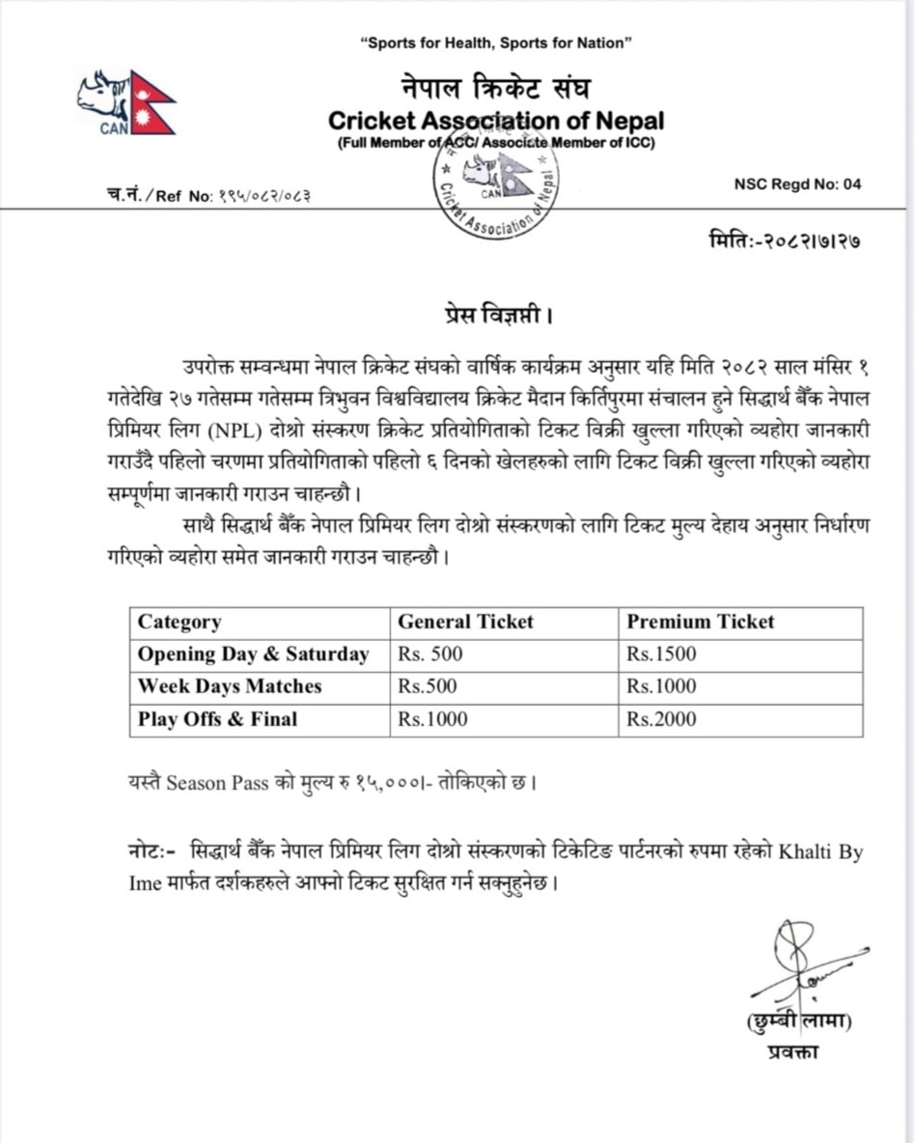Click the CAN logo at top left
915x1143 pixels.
pos(126,102)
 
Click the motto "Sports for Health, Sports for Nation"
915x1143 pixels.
pos(495,42)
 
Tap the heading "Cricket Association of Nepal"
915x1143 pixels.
pos(496,122)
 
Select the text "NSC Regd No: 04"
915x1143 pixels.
pos(797,184)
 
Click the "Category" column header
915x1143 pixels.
pos(180,623)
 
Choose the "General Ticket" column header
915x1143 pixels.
pos(465,623)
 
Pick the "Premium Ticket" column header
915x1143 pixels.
pos(700,623)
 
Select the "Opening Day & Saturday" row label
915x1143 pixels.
pos(253,655)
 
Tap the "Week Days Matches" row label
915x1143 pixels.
pos(230,687)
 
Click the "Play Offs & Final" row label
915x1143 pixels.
pos(217,719)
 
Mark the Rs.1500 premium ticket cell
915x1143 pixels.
pos(661,655)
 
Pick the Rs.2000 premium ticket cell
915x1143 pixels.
pos(661,719)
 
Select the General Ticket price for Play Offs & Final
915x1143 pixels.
pos(432,719)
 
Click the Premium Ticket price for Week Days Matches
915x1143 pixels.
pos(661,687)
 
